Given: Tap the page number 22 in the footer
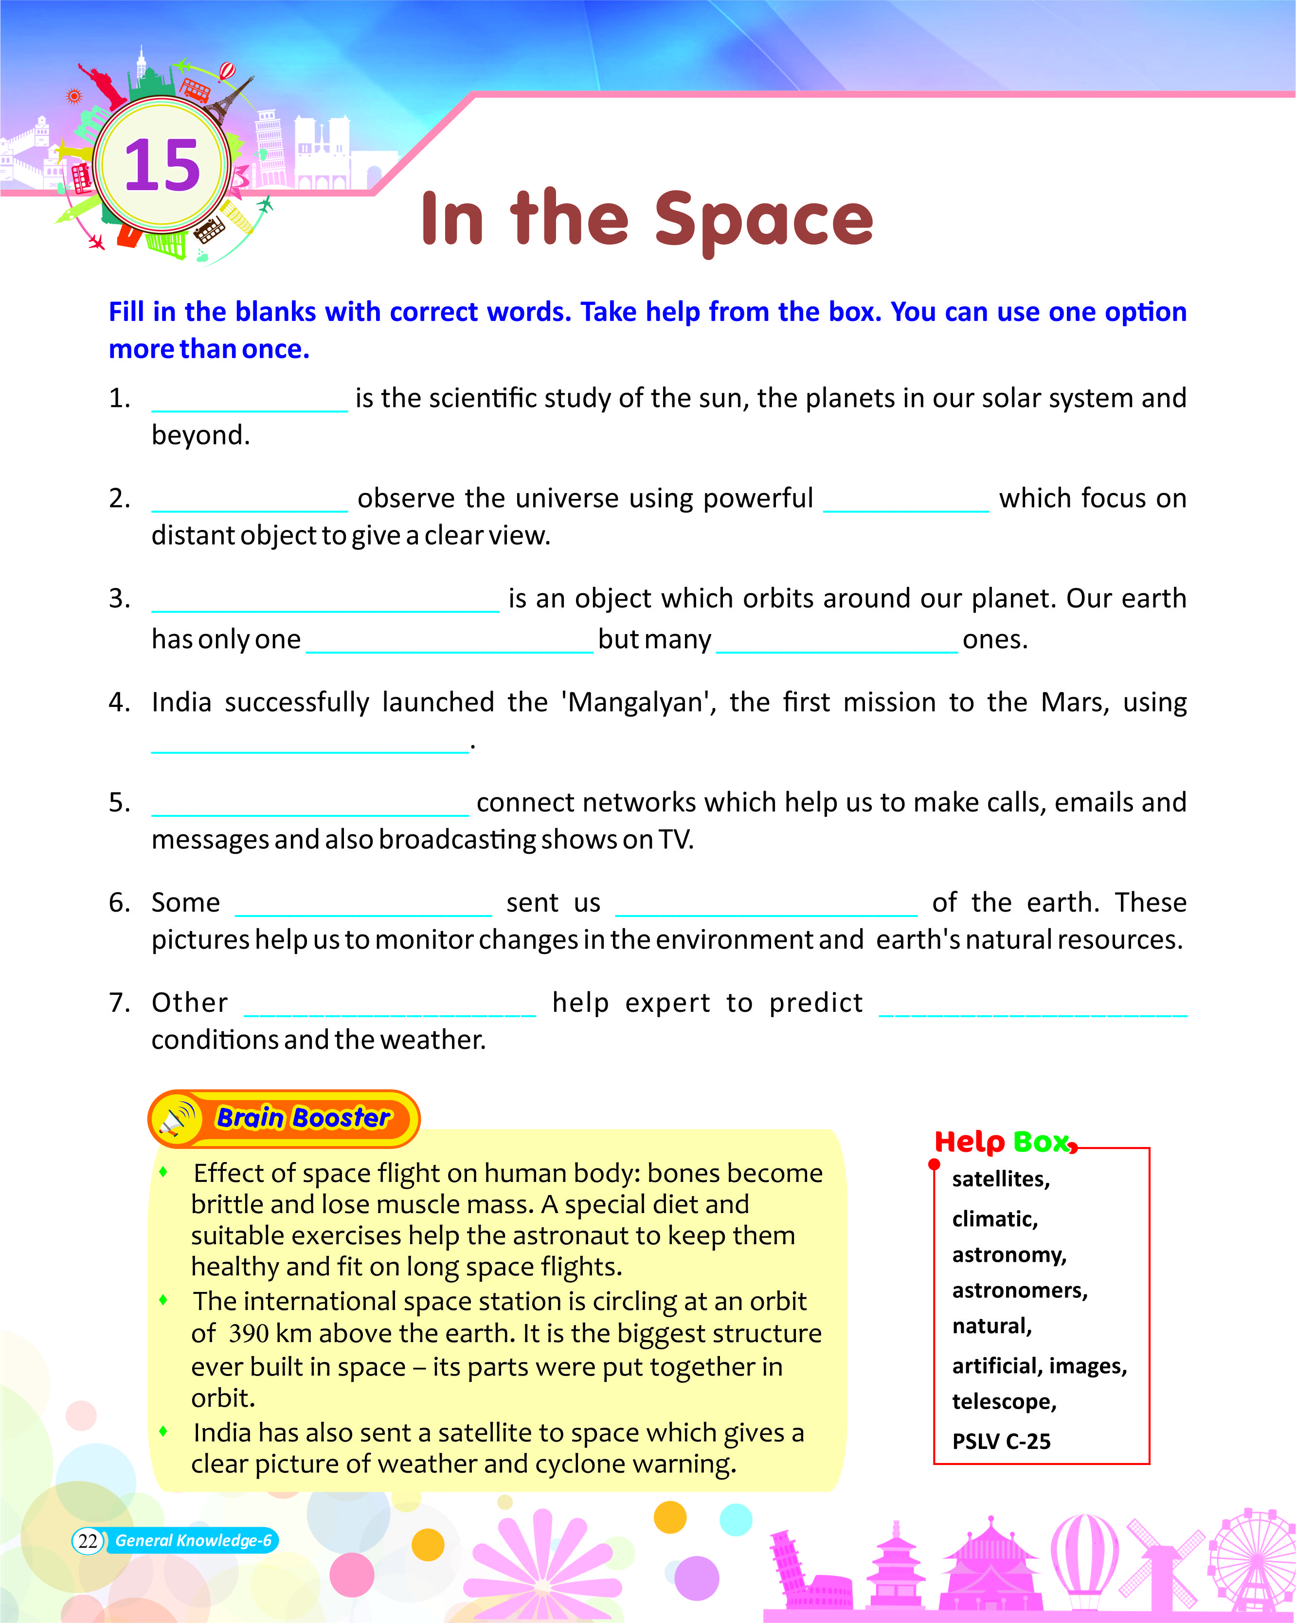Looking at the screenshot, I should [88, 1540].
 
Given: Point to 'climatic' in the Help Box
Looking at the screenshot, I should [994, 1219].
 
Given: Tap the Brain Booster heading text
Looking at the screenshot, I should [304, 1118].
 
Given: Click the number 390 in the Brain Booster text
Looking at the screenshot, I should [249, 1333].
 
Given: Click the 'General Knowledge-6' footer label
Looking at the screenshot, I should [194, 1540].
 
